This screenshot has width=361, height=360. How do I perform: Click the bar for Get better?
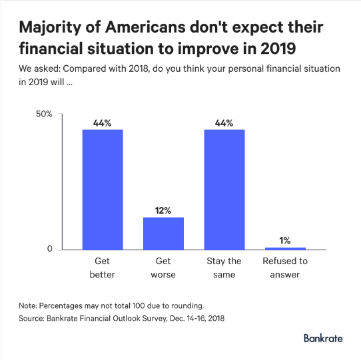pos(103,190)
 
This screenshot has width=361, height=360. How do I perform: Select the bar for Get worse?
pos(163,234)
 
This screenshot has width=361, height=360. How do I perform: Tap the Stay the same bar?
pos(224,190)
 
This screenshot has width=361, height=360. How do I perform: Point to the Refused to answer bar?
pos(285,249)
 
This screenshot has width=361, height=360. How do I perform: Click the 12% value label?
pos(163,210)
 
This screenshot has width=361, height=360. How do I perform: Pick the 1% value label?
pos(285,241)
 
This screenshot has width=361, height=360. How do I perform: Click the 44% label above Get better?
pos(102,123)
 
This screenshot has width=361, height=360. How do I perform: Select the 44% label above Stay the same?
pos(224,123)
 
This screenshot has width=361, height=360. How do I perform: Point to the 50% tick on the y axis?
pos(44,114)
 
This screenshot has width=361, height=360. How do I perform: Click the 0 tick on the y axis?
pos(50,249)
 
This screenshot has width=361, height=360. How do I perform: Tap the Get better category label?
pos(102,268)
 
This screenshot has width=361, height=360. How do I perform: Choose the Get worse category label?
pos(163,268)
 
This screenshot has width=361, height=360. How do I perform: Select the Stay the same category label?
pos(224,268)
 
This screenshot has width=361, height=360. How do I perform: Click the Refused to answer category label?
pos(285,268)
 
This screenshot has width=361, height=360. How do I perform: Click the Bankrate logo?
pos(324,338)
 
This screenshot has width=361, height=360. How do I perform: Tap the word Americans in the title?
pos(145,27)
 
